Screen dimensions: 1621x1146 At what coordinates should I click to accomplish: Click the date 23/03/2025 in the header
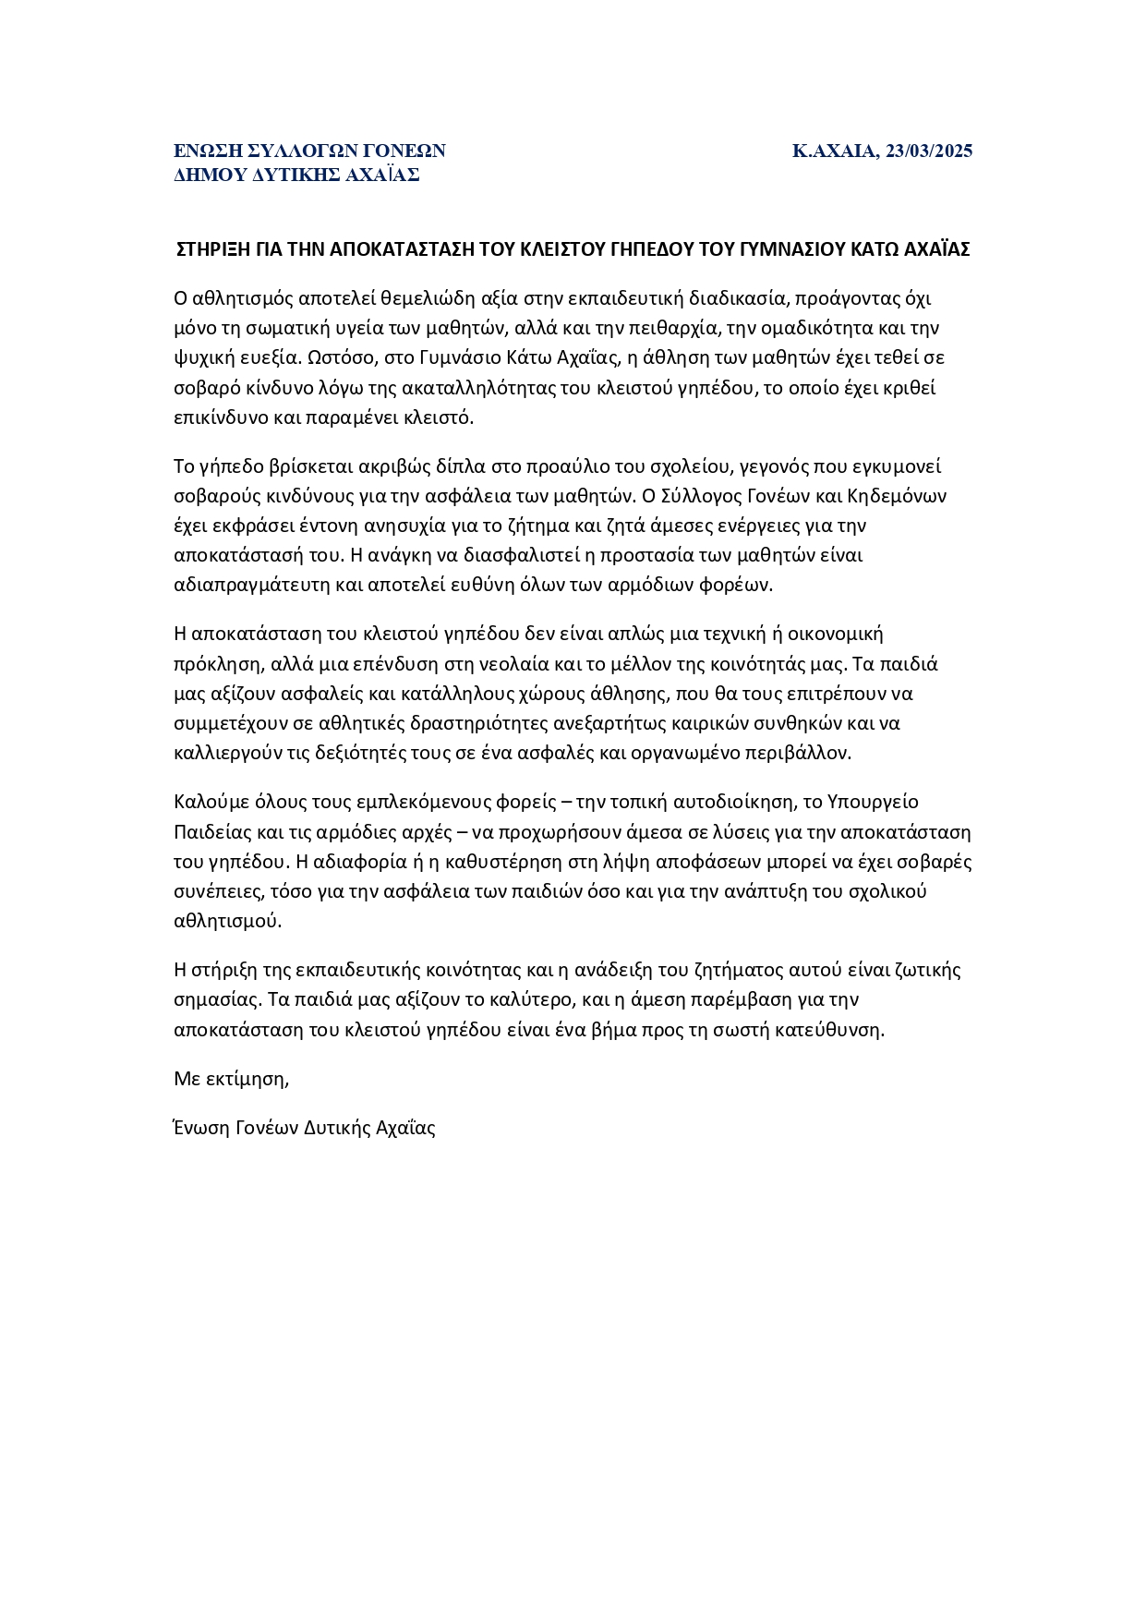[928, 151]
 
